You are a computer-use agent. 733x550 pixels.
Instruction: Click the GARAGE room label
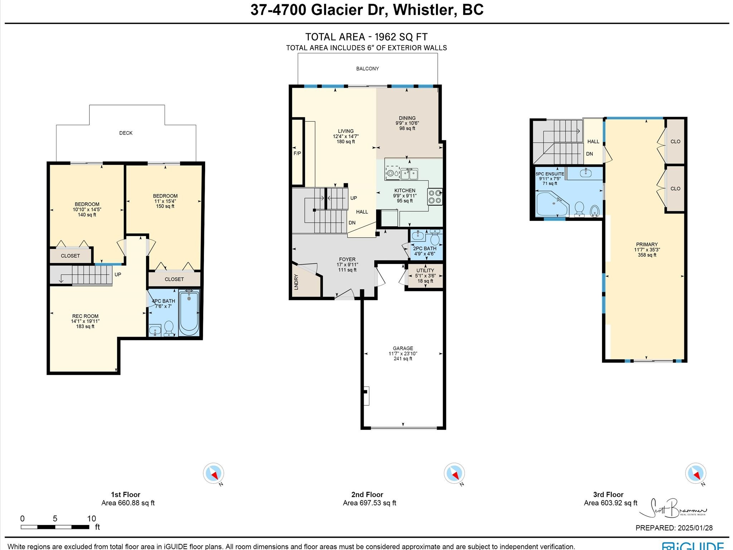click(x=403, y=348)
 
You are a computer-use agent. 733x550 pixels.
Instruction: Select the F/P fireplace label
click(x=297, y=153)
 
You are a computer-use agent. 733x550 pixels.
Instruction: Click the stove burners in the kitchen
click(x=435, y=197)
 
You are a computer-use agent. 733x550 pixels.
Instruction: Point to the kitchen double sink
click(x=409, y=174)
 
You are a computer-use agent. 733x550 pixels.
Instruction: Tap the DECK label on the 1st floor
click(x=126, y=133)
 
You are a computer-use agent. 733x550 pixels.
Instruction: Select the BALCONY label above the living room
click(x=367, y=68)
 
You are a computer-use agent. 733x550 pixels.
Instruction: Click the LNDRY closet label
click(x=296, y=282)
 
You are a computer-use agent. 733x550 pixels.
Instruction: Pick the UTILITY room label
click(x=425, y=270)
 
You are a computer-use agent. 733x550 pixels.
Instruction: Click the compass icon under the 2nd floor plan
click(x=454, y=473)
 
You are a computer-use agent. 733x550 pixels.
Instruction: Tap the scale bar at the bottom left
click(x=55, y=527)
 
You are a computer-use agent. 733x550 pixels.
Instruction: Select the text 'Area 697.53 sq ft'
click(x=369, y=503)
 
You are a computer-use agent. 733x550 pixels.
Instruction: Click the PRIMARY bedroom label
click(x=647, y=245)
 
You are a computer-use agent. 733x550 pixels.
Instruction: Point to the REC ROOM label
click(x=85, y=316)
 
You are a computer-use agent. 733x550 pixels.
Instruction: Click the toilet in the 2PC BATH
click(x=435, y=238)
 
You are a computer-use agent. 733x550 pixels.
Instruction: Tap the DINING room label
click(x=407, y=118)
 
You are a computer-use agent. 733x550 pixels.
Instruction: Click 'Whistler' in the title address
click(x=425, y=10)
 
